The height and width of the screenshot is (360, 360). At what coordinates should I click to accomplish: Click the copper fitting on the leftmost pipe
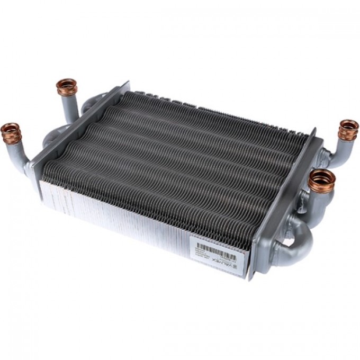pos(11,132)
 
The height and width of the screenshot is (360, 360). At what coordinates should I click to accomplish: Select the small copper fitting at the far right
pos(348,130)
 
